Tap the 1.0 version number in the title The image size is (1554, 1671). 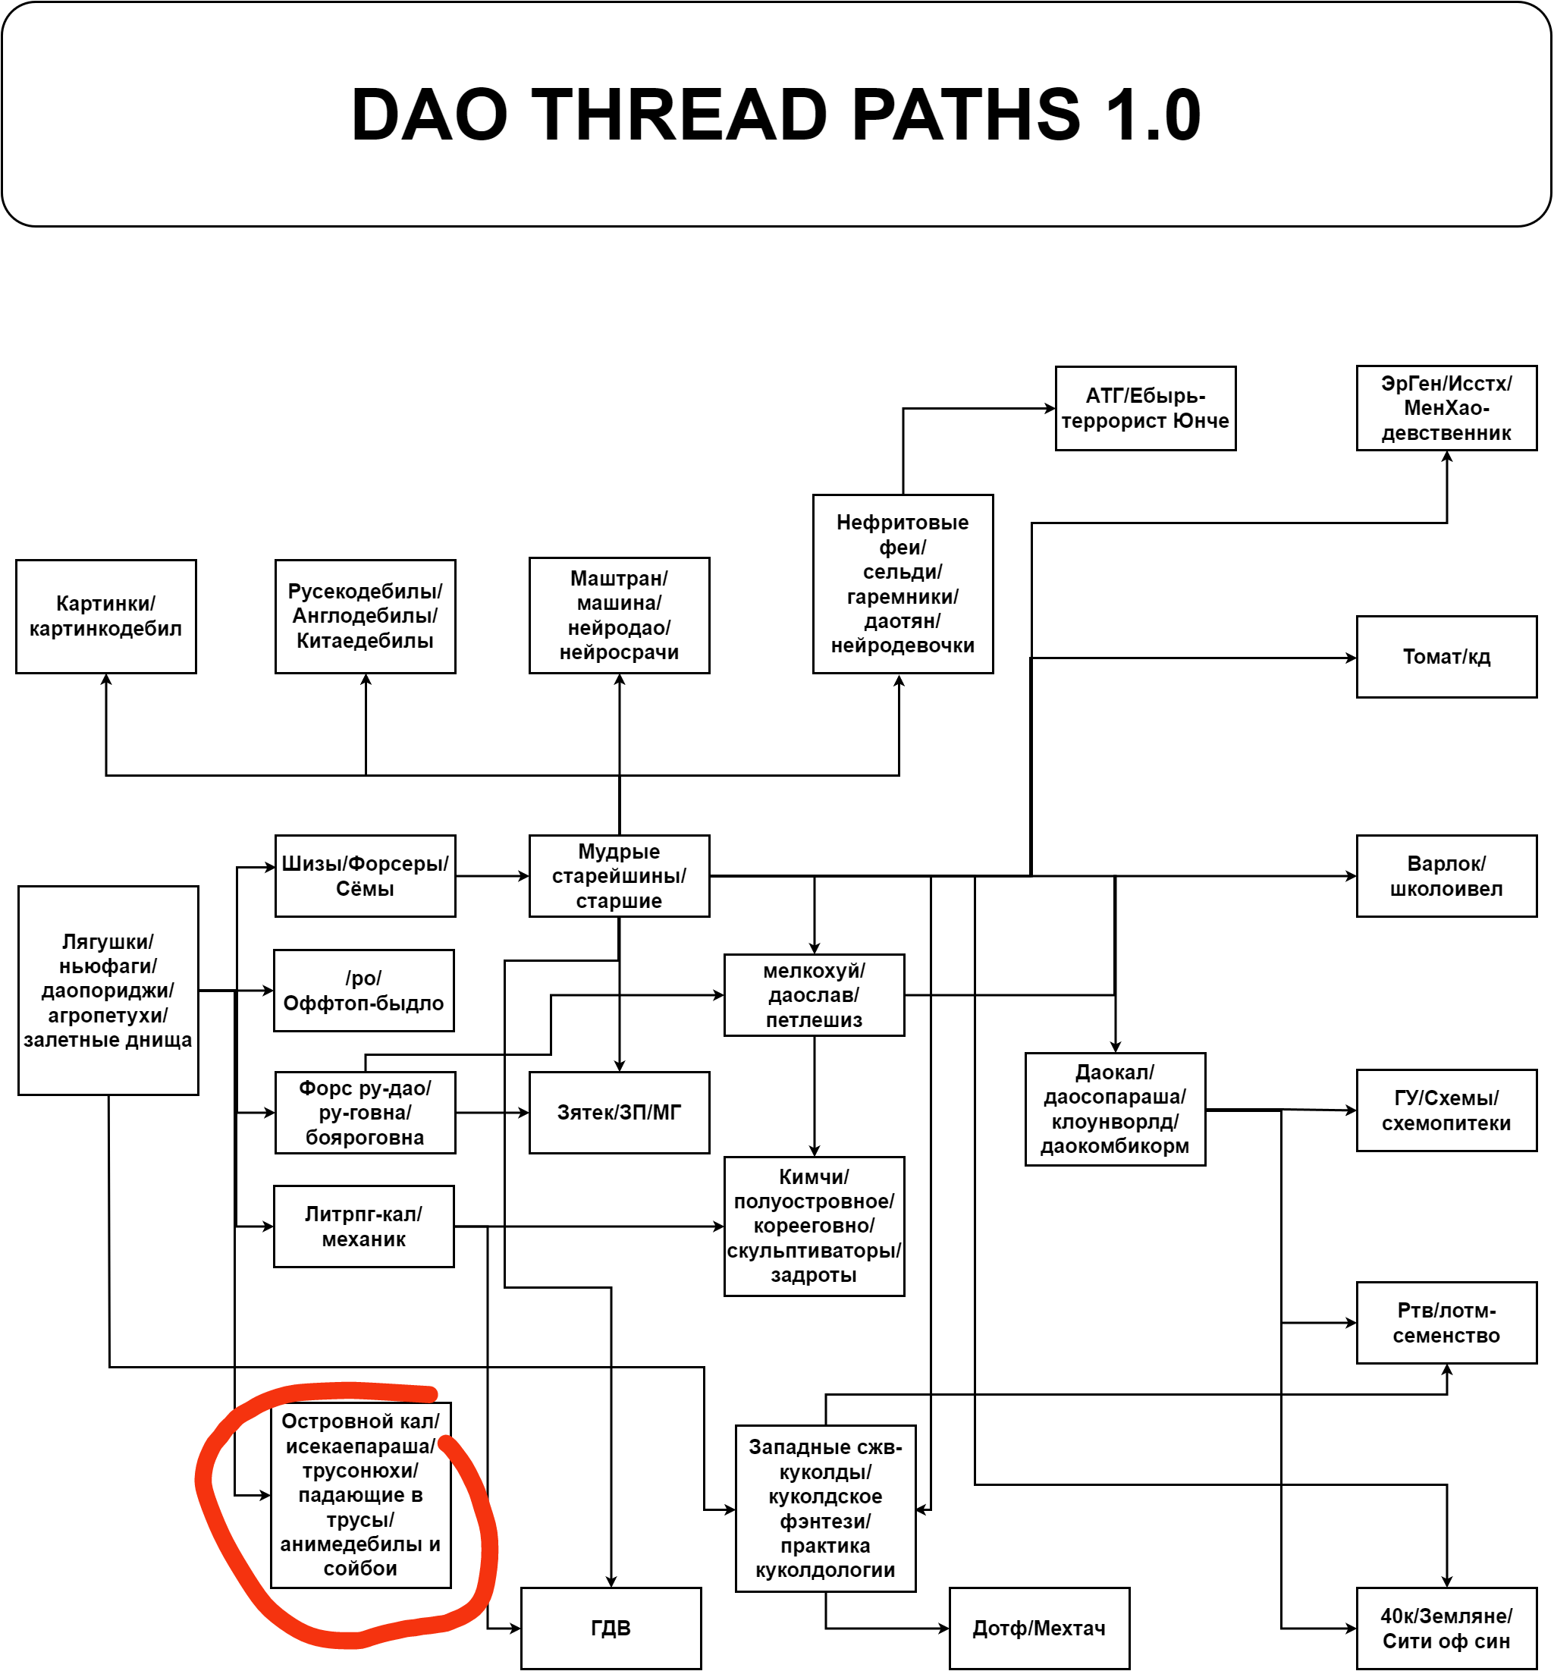point(1152,115)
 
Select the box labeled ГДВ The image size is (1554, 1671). point(611,1627)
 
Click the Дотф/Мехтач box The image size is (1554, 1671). point(1039,1627)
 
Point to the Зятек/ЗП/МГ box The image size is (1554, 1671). point(619,1112)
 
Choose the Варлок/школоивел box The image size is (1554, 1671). point(1446,876)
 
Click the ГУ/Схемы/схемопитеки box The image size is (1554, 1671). point(1446,1110)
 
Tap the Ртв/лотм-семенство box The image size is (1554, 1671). point(1446,1322)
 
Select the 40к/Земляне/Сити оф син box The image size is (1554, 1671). point(1446,1627)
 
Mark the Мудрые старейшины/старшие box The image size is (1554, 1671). point(619,876)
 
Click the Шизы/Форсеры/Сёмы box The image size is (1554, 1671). point(365,876)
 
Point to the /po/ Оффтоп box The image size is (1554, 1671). point(363,990)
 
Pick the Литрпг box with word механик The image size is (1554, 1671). point(363,1226)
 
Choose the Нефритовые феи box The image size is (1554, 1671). point(902,583)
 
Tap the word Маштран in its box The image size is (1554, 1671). point(619,578)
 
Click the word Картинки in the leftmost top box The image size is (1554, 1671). point(105,604)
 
